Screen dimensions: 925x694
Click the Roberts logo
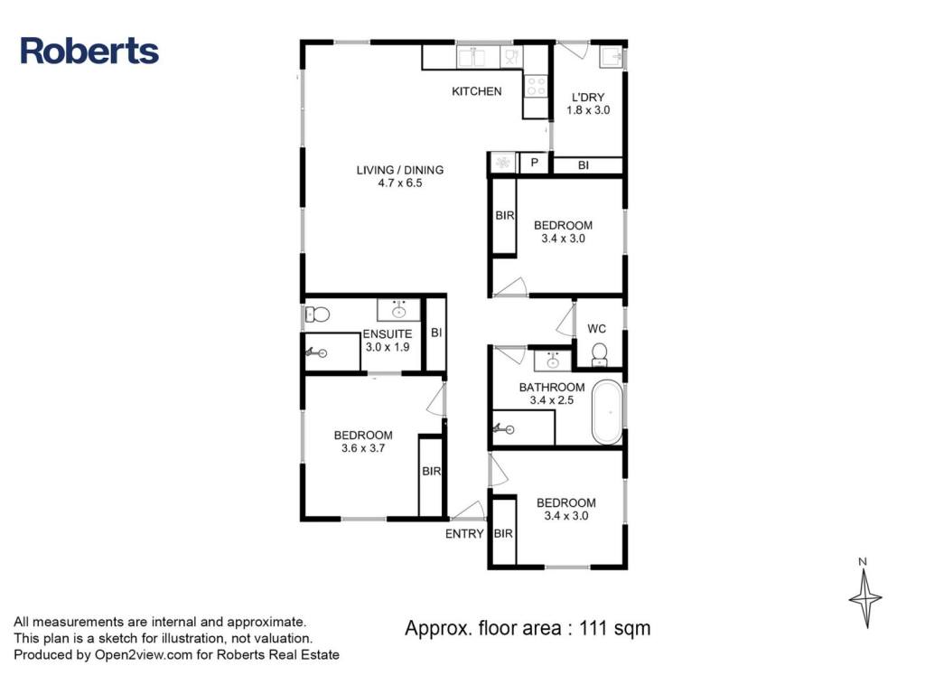click(x=89, y=51)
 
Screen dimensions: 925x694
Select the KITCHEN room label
click(x=477, y=91)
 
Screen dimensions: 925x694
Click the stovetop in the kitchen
click(x=536, y=86)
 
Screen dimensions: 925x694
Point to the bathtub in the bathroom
click(x=607, y=412)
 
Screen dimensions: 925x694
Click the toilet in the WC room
click(x=600, y=354)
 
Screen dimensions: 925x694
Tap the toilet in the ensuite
click(x=317, y=314)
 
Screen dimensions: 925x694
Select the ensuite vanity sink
click(x=399, y=309)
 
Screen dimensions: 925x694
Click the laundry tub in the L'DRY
click(x=612, y=57)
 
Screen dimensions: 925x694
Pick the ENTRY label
click(x=464, y=534)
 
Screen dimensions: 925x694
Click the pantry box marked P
click(x=535, y=163)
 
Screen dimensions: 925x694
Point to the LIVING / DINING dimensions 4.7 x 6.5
click(x=400, y=183)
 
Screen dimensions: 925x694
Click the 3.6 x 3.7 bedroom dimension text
click(x=363, y=448)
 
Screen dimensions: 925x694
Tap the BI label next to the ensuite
click(x=436, y=333)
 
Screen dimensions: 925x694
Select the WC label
click(x=596, y=329)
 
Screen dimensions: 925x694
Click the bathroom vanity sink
click(x=553, y=361)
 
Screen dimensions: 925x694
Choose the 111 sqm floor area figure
click(x=614, y=628)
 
